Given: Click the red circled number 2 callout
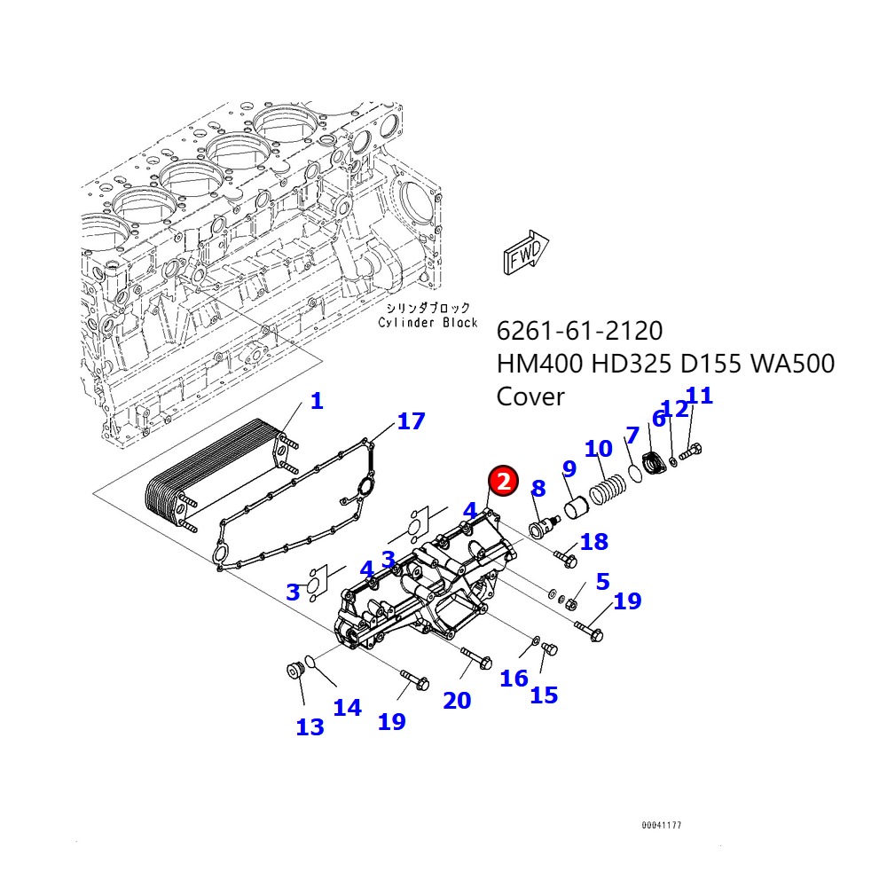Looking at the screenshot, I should tap(503, 482).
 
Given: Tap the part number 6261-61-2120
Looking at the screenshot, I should tap(579, 331).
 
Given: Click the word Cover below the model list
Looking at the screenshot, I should tap(530, 396).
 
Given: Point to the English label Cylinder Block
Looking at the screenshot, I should tap(428, 323).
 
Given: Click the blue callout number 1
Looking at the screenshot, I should tap(317, 401).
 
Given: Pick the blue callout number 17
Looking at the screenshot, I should tap(411, 421).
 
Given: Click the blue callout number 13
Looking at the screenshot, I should tap(310, 727).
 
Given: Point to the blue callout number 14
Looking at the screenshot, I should tap(347, 707).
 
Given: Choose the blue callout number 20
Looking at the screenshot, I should tap(457, 701).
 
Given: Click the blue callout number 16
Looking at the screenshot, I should tap(514, 679).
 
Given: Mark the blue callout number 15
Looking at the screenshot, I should tap(544, 695).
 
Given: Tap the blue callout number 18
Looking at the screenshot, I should tap(593, 542).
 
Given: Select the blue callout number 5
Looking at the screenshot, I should tap(602, 582).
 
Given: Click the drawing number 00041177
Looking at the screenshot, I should tap(662, 826).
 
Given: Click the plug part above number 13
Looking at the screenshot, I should tap(294, 671).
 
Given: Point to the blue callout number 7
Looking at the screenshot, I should tap(632, 435).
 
